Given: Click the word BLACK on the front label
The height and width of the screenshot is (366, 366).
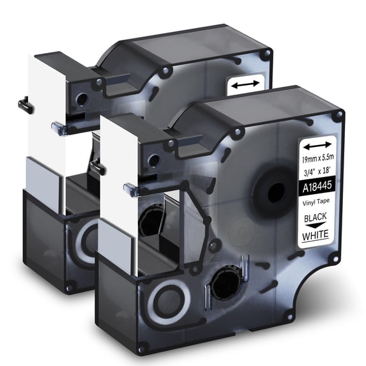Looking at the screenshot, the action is pyautogui.click(x=315, y=218).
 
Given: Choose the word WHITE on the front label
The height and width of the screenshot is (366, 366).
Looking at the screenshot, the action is pyautogui.click(x=316, y=235).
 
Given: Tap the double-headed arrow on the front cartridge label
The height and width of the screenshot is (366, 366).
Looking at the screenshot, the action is pyautogui.click(x=317, y=146).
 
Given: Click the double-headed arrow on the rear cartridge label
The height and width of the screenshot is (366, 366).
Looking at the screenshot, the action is pyautogui.click(x=245, y=84).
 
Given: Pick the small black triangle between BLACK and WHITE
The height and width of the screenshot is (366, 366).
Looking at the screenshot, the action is pyautogui.click(x=316, y=225).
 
